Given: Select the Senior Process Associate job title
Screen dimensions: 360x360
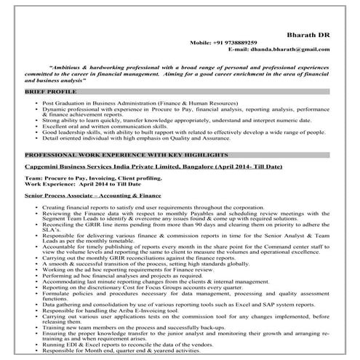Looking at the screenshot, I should pos(92,196).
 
